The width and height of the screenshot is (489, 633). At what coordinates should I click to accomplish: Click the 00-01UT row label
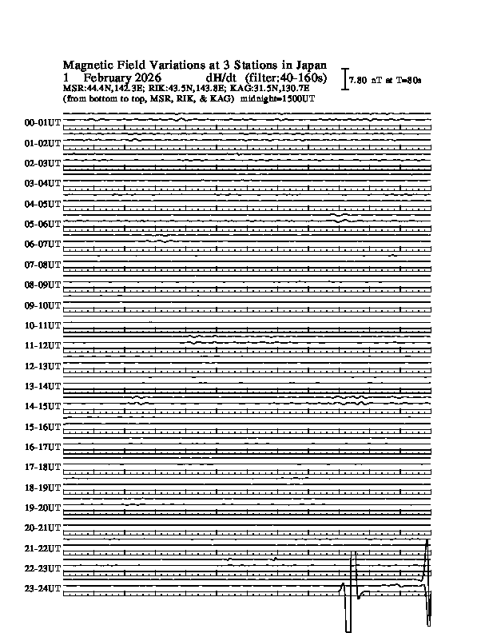tap(42, 123)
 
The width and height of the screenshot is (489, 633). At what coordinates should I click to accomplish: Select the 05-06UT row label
tap(42, 225)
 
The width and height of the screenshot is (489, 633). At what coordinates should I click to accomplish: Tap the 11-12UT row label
tap(42, 346)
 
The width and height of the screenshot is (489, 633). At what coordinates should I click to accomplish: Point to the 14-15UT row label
tap(42, 407)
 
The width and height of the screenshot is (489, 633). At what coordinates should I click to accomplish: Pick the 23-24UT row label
tap(42, 589)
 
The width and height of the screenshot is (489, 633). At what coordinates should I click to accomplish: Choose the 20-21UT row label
tap(42, 528)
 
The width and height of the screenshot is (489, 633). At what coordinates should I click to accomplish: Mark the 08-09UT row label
tap(42, 285)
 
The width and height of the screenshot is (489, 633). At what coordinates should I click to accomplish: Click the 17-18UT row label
tap(42, 468)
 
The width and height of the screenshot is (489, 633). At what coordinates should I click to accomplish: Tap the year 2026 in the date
tap(149, 78)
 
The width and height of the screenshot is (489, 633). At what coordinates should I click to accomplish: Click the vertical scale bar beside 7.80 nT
tap(344, 78)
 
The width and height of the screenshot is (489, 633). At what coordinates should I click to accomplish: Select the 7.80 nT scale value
tap(364, 80)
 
